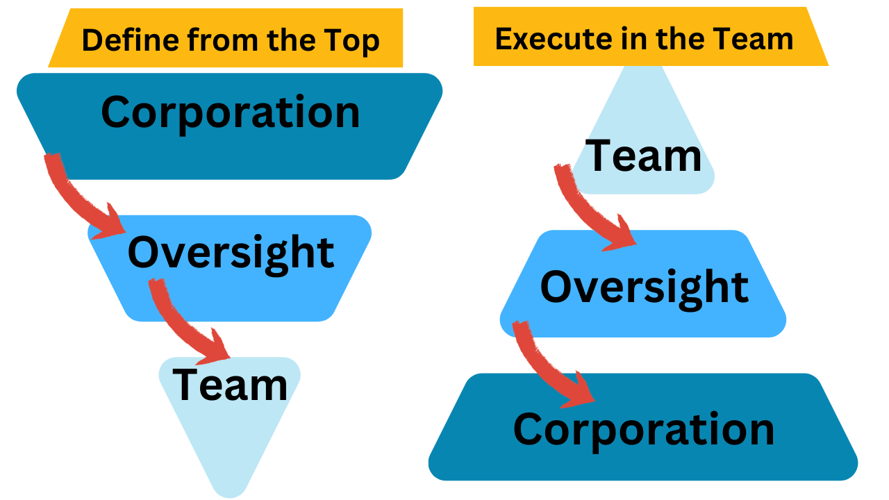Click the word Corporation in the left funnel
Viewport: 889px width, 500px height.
pyautogui.click(x=231, y=112)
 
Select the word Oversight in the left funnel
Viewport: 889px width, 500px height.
pyautogui.click(x=231, y=253)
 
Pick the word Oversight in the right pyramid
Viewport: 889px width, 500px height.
pyautogui.click(x=645, y=287)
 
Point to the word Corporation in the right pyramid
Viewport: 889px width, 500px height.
pyautogui.click(x=644, y=429)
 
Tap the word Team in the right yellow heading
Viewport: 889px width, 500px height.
pyautogui.click(x=757, y=38)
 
